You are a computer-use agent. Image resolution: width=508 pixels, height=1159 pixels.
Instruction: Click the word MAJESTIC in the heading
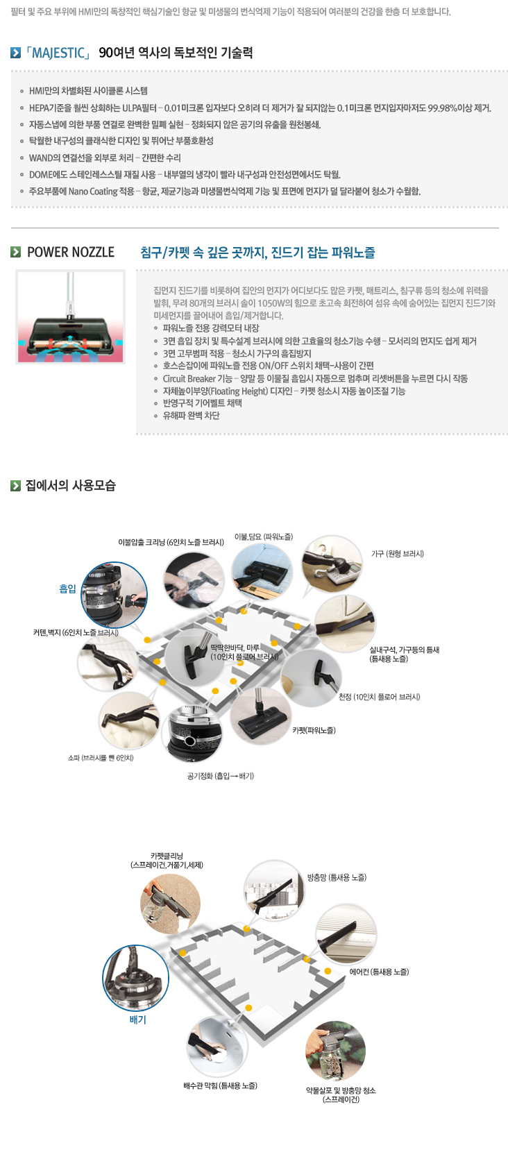pos(58,53)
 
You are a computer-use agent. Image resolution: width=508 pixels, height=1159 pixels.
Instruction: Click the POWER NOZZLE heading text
pos(70,252)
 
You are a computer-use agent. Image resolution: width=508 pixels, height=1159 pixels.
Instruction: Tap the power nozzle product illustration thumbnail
pos(70,316)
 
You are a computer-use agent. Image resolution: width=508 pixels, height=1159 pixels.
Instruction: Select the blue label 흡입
pos(67,589)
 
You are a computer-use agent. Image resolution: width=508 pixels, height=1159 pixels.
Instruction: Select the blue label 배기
pos(137,1020)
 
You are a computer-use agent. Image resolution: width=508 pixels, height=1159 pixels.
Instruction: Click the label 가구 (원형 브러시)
pos(397,554)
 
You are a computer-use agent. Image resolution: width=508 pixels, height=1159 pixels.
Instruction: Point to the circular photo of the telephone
pos(332,564)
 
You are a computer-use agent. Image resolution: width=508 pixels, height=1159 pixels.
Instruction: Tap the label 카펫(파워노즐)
pos(314,730)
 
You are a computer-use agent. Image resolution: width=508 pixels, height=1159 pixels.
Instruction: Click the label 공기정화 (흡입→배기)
pos(221,776)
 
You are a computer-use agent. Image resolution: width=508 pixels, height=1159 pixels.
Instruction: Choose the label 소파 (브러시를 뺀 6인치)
pos(101,758)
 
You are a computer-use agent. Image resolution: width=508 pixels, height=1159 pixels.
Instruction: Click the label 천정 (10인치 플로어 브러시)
pos(379,697)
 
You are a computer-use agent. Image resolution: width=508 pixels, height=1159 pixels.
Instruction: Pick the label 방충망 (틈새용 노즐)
pos(337,877)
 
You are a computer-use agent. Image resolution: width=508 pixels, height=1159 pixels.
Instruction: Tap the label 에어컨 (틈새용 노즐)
pos(379,972)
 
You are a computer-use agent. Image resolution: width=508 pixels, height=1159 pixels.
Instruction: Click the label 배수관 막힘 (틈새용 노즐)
pos(221,1085)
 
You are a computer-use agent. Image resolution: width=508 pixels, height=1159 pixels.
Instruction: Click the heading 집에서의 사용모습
pos(70,485)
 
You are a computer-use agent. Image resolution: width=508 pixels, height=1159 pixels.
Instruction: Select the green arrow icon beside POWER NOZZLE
pos(15,252)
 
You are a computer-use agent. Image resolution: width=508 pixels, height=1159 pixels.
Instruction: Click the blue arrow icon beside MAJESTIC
pos(15,53)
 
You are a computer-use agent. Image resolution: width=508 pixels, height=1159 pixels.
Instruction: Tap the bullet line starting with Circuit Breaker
pos(315,378)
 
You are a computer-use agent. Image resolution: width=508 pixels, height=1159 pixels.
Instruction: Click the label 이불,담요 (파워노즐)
pos(264,537)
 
